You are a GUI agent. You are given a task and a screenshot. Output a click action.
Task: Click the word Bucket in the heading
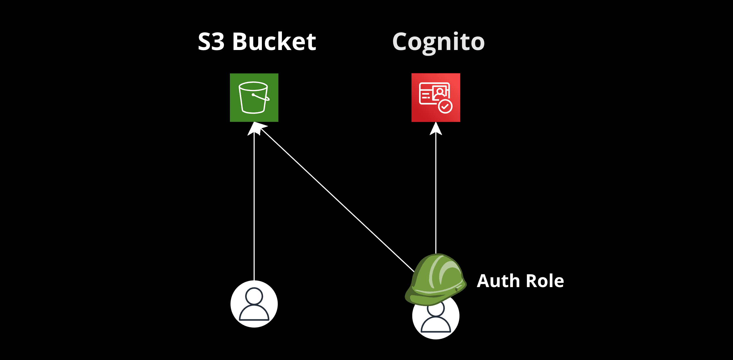(274, 42)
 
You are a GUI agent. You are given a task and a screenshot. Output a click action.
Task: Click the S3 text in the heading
(211, 42)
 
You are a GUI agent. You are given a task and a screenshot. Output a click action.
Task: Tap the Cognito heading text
(438, 42)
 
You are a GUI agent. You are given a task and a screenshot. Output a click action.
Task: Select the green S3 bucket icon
(254, 97)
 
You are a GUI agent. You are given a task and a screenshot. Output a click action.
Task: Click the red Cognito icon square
(436, 97)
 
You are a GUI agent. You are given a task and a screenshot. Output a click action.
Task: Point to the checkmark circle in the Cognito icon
(445, 107)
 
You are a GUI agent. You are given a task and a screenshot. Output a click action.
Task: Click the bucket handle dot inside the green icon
(253, 95)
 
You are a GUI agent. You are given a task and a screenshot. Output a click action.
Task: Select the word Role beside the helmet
(545, 281)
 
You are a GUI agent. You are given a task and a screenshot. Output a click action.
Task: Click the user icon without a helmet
(254, 304)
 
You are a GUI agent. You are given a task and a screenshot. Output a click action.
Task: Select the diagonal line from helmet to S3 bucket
(336, 199)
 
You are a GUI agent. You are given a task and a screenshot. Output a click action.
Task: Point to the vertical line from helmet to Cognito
(436, 193)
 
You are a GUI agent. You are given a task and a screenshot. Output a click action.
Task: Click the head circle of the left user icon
(254, 296)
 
